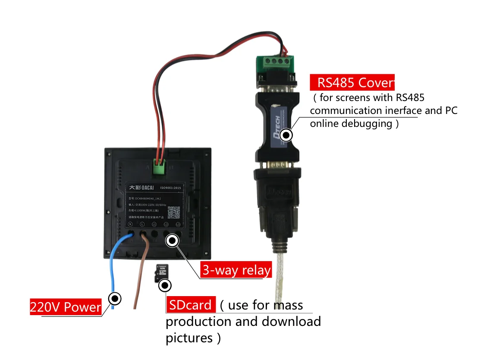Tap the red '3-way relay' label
coord(236,270)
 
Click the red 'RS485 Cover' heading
coord(352,82)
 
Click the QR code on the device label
coord(174,211)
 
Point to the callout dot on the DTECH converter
coord(286,135)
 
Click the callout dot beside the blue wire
coord(115,298)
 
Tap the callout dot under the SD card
coord(165,285)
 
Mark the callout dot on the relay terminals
coord(172,240)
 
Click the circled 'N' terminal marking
coord(130,224)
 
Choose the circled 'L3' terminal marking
coord(178,224)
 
